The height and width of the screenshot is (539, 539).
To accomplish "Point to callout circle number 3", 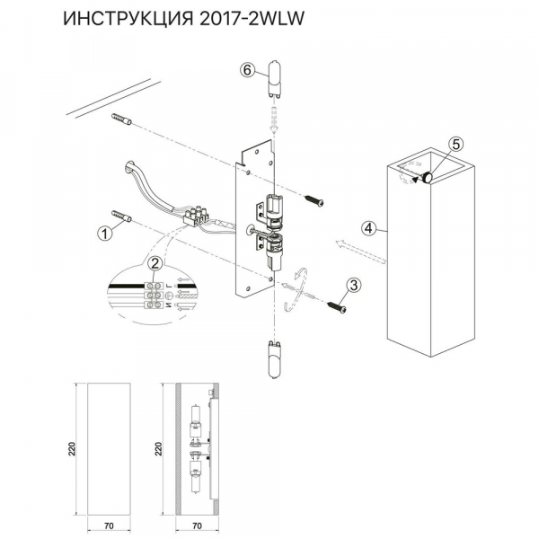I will click(x=354, y=286).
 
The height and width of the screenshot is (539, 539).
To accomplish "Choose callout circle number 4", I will click(x=367, y=228).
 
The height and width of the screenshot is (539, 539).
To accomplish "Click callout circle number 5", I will click(x=455, y=145).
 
